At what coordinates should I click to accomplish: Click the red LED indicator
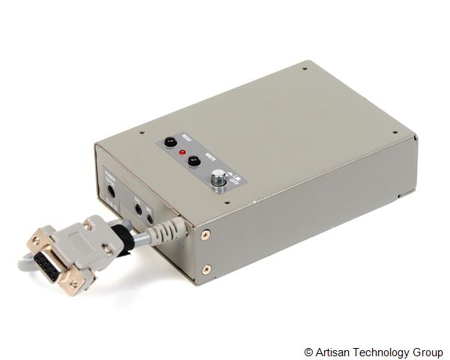[x=181, y=152]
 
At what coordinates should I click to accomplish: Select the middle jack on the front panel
[x=138, y=211]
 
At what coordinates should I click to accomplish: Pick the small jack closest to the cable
[x=150, y=219]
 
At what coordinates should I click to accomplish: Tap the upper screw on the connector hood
[x=88, y=225]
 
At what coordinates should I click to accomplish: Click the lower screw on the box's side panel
[x=207, y=268]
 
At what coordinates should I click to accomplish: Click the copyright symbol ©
[x=308, y=352]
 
